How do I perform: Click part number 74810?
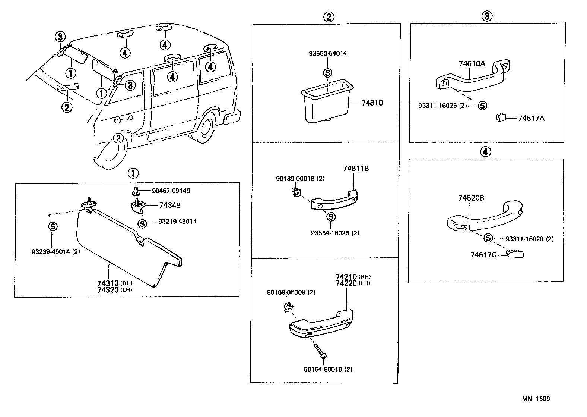(372, 103)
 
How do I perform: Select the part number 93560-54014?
(327, 53)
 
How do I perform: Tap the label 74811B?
(356, 169)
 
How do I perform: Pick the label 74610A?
(472, 63)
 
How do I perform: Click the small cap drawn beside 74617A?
(501, 118)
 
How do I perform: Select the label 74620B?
(471, 198)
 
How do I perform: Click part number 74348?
(170, 205)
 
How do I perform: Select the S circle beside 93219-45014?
(142, 223)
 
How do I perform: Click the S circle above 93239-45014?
(53, 226)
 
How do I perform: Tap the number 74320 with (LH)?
(108, 290)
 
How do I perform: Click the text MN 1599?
(536, 399)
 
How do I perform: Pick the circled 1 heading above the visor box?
(133, 173)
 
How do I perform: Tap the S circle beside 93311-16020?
(488, 238)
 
